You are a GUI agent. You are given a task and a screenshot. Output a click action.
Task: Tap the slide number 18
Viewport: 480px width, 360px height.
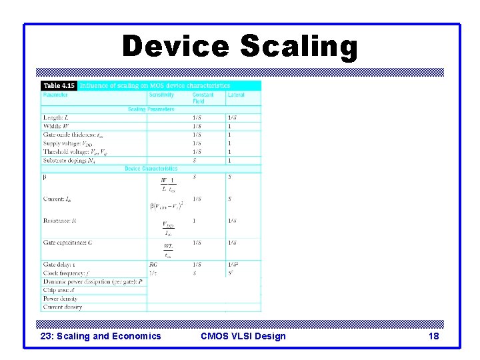(434, 336)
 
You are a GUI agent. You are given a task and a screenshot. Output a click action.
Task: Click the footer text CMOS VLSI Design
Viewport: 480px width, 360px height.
(243, 336)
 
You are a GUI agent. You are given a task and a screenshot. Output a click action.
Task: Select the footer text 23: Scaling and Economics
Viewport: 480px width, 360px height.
(101, 336)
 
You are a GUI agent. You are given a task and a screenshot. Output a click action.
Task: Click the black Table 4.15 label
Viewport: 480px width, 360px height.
(59, 85)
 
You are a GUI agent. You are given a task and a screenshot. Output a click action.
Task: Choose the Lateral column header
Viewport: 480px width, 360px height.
(236, 95)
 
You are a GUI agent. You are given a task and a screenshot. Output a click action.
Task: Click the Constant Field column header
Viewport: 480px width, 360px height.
(203, 98)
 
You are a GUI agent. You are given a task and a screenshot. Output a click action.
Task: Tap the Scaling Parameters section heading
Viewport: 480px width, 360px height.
(151, 109)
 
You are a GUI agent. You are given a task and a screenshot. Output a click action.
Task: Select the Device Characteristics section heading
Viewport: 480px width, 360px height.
(151, 169)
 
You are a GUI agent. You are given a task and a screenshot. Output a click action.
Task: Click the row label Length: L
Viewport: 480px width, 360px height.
(56, 118)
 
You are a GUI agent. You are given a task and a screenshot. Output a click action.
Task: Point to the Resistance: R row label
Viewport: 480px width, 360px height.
(59, 221)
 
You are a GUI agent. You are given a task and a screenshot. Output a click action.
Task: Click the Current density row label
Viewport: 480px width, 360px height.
(63, 307)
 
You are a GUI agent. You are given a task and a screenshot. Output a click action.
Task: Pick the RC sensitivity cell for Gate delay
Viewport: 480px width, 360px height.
(153, 265)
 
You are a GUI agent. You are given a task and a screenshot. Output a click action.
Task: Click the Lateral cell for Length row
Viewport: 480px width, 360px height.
(231, 118)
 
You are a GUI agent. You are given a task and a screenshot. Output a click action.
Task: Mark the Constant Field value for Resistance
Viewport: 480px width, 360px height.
(195, 221)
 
